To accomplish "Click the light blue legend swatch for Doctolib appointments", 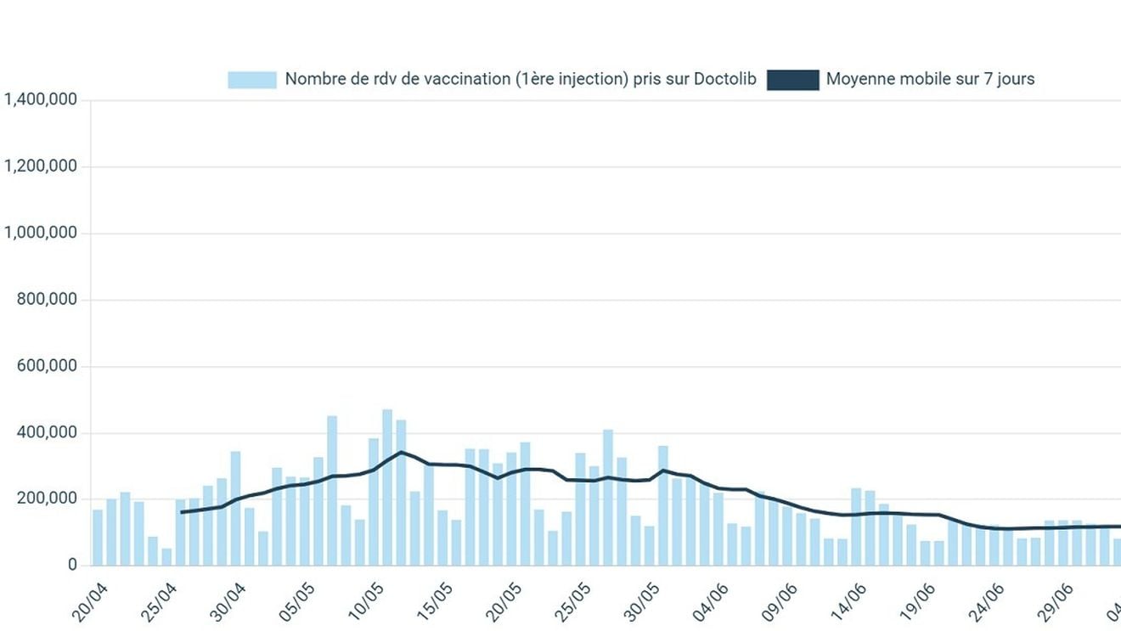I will pyautogui.click(x=252, y=80).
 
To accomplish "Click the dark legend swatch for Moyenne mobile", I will pyautogui.click(x=792, y=80).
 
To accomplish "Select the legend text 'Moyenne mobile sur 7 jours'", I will pyautogui.click(x=930, y=79).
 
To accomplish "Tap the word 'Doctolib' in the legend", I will pyautogui.click(x=724, y=79).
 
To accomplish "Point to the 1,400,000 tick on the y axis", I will pyautogui.click(x=41, y=99).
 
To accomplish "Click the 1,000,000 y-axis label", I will pyautogui.click(x=41, y=233).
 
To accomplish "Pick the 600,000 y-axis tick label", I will pyautogui.click(x=47, y=366).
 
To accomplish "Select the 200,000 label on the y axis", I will pyautogui.click(x=47, y=499).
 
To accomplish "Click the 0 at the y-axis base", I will pyautogui.click(x=72, y=565).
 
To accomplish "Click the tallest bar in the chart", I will pyautogui.click(x=387, y=487).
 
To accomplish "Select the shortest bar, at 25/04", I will pyautogui.click(x=166, y=557).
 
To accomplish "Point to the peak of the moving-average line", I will pyautogui.click(x=401, y=452).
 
